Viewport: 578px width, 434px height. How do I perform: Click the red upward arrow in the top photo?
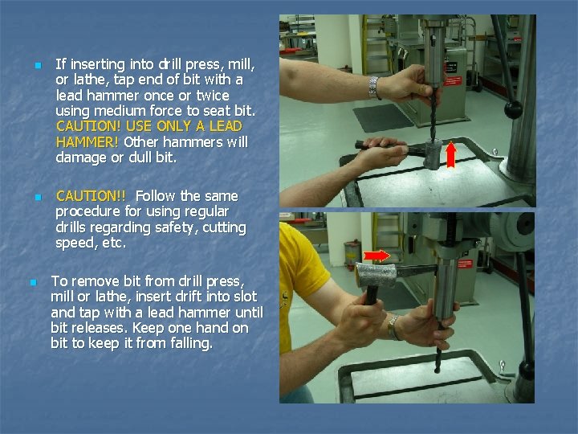click(x=451, y=155)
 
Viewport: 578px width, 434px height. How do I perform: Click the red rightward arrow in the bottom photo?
click(x=377, y=256)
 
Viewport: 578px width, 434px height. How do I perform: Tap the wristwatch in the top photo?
click(x=374, y=88)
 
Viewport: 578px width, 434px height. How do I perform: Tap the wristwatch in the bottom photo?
click(x=393, y=327)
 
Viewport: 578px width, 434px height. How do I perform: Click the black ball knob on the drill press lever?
click(x=513, y=109)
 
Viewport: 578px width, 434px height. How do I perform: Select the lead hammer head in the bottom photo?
click(x=375, y=275)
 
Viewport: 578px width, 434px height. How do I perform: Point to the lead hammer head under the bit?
click(x=433, y=154)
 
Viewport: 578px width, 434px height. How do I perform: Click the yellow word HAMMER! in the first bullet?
click(x=87, y=142)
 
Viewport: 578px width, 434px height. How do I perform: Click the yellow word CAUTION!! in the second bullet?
click(x=91, y=196)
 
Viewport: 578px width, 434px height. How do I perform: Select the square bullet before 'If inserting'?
click(x=39, y=66)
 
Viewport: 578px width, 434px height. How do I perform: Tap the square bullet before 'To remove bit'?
click(x=34, y=283)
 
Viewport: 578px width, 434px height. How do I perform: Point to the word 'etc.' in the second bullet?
click(x=115, y=244)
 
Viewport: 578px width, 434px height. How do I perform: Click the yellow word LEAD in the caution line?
click(x=226, y=126)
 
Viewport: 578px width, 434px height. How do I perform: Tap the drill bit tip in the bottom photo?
click(x=438, y=370)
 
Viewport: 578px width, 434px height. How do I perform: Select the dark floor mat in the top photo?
click(x=384, y=117)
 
